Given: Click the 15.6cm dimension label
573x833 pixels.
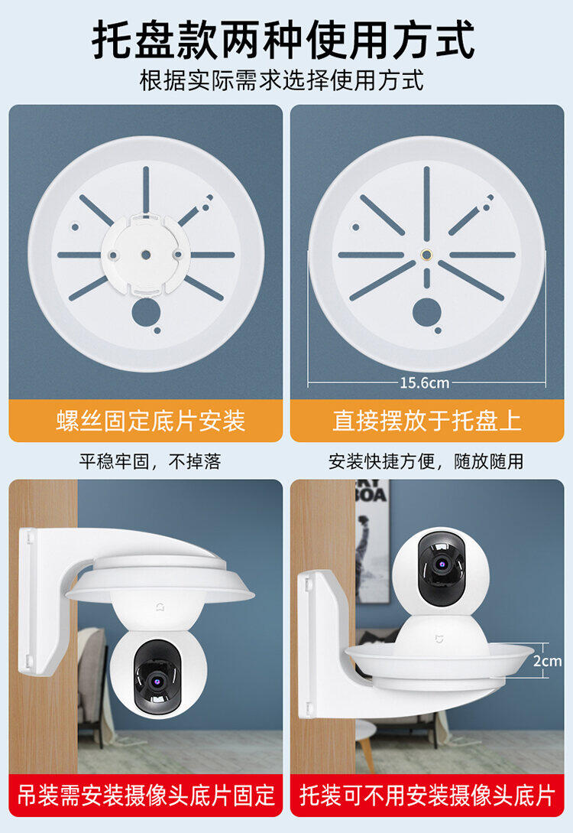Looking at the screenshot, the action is tap(425, 382).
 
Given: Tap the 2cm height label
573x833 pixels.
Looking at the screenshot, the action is tap(548, 661).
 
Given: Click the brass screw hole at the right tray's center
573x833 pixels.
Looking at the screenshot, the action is tap(426, 255).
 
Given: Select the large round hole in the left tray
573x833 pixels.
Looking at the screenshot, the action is tap(146, 313).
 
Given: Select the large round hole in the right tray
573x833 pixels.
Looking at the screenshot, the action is tap(426, 313).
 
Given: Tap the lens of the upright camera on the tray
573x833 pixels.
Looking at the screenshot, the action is tap(442, 563).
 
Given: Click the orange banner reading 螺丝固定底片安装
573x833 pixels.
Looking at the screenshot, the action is tap(146, 421).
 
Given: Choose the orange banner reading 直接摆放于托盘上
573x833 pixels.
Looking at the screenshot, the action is tap(427, 421).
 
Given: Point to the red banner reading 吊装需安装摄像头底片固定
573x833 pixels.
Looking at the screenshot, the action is tap(146, 796).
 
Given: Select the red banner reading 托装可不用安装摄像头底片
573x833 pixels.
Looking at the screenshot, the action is tap(427, 796).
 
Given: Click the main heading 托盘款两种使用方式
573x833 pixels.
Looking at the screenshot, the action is tap(284, 40).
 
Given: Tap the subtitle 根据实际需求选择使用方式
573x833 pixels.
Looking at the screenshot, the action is tap(282, 81).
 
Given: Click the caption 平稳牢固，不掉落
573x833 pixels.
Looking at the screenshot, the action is tap(151, 461).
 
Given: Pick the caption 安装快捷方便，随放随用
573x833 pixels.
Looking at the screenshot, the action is tap(426, 461).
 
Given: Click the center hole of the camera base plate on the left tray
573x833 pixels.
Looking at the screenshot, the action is tap(146, 255).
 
